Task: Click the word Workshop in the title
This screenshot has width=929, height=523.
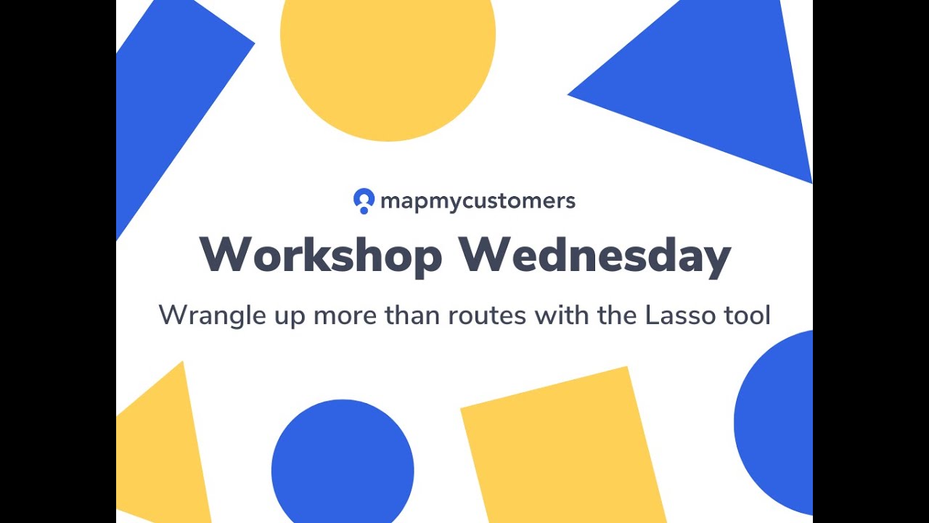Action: [321, 255]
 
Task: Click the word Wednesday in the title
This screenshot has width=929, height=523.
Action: [594, 255]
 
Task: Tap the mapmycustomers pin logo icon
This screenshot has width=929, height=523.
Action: [364, 200]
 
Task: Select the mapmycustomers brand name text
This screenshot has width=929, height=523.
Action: [478, 201]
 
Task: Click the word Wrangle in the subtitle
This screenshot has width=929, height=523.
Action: [204, 315]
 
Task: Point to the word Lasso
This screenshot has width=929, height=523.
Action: [677, 315]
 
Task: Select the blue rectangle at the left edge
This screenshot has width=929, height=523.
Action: [167, 94]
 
